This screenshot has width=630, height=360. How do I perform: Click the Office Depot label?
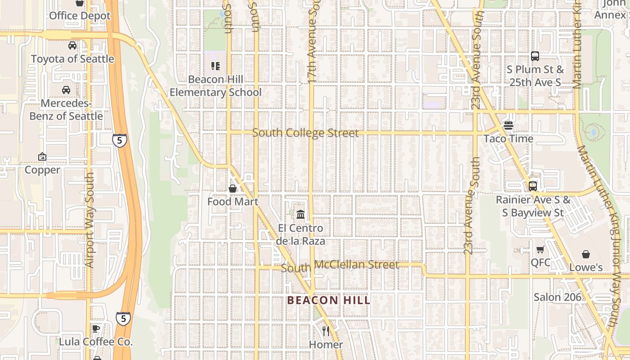point(80,16)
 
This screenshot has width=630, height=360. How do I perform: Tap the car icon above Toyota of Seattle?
point(72,45)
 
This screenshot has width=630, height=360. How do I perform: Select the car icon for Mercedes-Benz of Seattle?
point(66,90)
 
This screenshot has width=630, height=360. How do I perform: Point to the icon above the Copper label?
point(42,157)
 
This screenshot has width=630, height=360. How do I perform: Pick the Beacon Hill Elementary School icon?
point(216,66)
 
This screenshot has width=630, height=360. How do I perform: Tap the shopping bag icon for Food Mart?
point(233,189)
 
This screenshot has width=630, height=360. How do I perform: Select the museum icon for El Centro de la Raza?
point(301,215)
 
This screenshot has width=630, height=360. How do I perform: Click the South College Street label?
point(306,133)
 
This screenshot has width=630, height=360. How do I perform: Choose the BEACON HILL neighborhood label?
point(328,300)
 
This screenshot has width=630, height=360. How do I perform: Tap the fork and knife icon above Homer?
point(326,331)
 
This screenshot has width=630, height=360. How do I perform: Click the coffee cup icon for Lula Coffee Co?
point(96,328)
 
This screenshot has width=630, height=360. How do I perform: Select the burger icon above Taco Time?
point(508,126)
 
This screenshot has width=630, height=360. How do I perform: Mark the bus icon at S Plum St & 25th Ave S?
point(535,56)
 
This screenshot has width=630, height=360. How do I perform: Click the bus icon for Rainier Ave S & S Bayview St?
point(533,186)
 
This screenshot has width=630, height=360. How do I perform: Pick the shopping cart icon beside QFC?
point(540,250)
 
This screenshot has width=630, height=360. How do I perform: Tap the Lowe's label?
point(586,267)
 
